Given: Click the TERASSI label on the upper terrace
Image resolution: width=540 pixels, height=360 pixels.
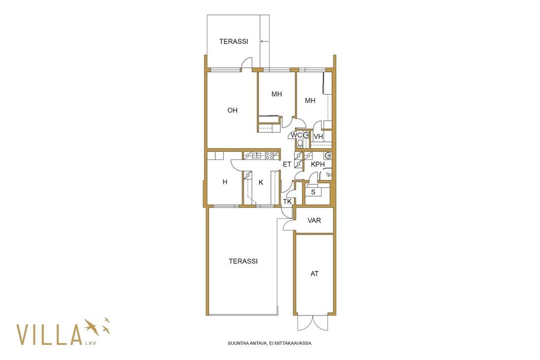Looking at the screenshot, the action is (x=234, y=42).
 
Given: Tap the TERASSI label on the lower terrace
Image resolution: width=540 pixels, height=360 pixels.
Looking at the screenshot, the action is (x=243, y=261).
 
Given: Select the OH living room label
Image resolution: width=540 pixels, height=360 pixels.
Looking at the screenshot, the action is (x=233, y=110).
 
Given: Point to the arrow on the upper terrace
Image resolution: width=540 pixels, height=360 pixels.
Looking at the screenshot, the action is (x=264, y=42).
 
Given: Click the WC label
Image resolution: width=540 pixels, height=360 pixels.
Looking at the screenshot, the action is (x=296, y=135).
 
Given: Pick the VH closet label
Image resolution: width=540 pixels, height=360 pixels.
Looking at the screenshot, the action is (x=318, y=137).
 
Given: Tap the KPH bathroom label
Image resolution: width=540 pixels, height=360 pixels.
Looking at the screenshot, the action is (x=318, y=165).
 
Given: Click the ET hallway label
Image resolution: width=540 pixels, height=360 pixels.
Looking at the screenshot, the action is (x=287, y=165).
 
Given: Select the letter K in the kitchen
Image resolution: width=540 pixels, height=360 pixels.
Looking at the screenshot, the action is (x=261, y=182).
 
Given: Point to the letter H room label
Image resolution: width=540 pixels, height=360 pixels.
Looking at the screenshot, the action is (x=225, y=182).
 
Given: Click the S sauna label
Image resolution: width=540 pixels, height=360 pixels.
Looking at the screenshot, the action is (x=313, y=192).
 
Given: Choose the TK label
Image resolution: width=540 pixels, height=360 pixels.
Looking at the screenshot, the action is (x=287, y=202).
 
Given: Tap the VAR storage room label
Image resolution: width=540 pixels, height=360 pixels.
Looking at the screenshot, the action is (x=314, y=220).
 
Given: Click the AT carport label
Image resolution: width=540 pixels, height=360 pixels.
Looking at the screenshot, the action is (x=315, y=273).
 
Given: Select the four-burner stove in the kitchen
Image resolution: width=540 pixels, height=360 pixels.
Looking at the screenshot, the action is (x=269, y=155).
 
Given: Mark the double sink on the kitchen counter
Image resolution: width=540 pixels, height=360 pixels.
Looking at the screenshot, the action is (x=256, y=155).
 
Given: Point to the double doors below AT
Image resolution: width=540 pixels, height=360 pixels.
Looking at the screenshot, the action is (x=313, y=323).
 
